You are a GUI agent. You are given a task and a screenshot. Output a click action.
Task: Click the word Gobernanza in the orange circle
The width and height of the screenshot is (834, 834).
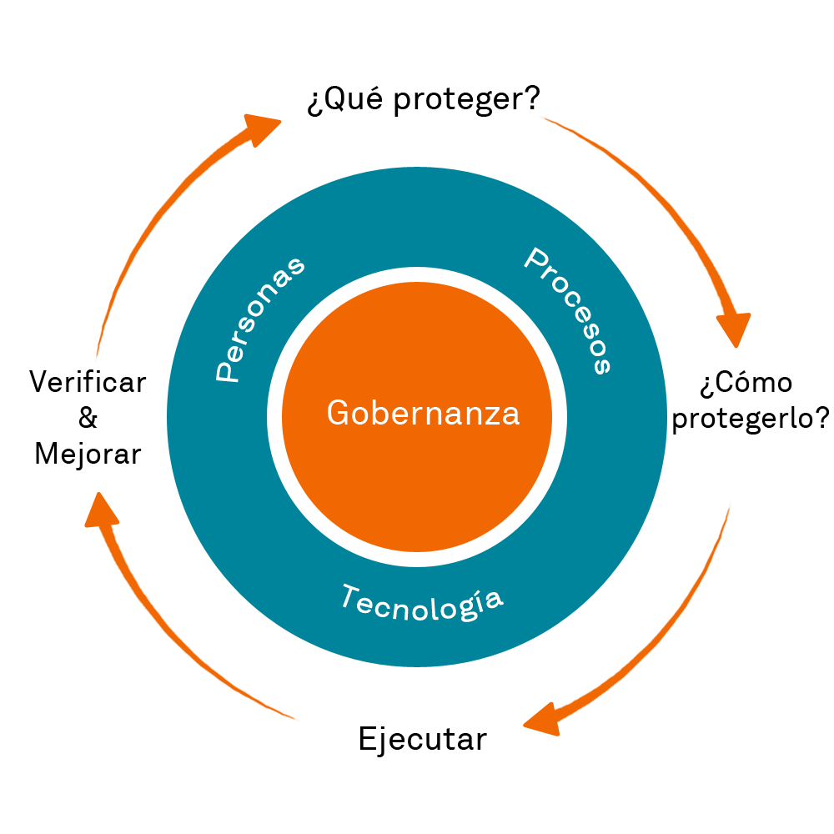tap(423, 413)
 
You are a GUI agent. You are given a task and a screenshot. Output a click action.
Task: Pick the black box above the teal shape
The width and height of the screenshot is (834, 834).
tap(423, 101)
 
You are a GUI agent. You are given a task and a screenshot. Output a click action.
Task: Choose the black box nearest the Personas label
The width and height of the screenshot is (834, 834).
tap(88, 420)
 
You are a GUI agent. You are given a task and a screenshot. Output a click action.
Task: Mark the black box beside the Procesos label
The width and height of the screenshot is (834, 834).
tap(751, 402)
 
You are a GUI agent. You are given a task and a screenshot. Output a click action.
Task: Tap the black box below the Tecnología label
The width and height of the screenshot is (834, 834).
tap(423, 741)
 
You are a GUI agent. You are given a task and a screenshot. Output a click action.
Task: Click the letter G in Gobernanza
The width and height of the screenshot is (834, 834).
tap(337, 413)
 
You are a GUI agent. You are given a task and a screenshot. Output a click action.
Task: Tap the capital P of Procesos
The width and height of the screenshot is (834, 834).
tap(537, 260)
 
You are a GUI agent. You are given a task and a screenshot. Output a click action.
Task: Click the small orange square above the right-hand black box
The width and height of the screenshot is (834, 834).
tap(734, 329)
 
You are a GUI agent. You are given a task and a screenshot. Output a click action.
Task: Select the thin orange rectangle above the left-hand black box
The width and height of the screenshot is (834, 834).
tap(105, 329)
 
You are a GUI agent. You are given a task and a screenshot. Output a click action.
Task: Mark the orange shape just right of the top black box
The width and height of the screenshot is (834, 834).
tap(575, 137)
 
